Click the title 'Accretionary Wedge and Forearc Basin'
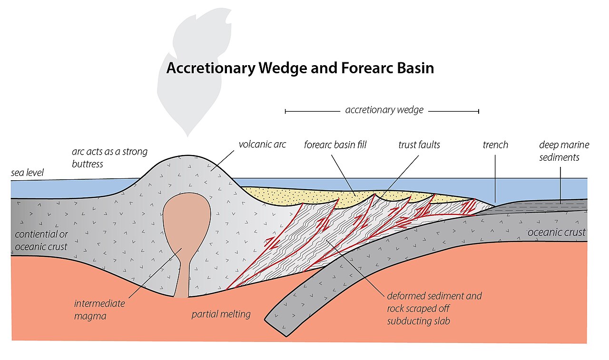(x=300, y=68)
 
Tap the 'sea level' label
(x=27, y=173)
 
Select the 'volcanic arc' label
(x=262, y=144)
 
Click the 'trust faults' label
(x=419, y=144)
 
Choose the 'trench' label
(x=495, y=145)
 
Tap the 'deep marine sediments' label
(x=564, y=151)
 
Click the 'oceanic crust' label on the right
(x=556, y=233)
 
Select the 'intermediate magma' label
(x=99, y=309)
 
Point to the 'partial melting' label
(x=221, y=314)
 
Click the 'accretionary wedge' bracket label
(x=384, y=110)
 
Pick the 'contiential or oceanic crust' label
(x=41, y=241)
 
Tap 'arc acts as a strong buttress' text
(x=109, y=157)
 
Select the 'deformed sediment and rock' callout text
(x=434, y=308)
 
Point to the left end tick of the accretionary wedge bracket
(x=285, y=111)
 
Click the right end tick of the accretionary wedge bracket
(x=479, y=111)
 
